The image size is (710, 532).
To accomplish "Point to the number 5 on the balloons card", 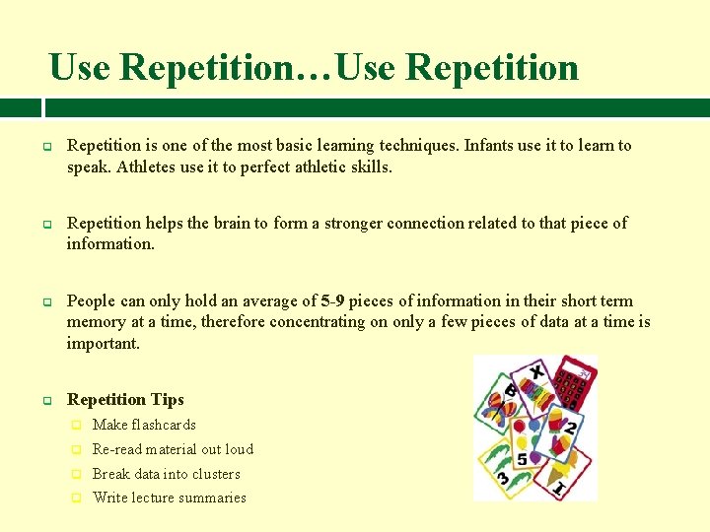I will pos(522,459).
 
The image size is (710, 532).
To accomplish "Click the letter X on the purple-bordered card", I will pos(536,372).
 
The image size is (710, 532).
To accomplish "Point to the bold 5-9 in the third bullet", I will pos(331,301).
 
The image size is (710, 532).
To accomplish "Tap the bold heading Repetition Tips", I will pos(125,399).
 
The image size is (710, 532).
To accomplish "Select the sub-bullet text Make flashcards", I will pos(144,425).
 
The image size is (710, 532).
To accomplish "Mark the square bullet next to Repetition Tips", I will pos(46,400).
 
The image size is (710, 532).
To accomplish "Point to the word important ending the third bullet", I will pos(104,344).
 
